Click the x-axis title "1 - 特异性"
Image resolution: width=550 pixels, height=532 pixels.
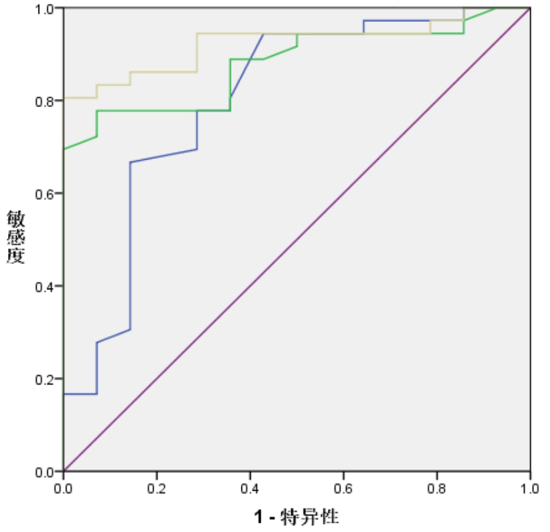coord(297,516)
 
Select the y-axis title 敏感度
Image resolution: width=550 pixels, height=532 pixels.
coord(16,237)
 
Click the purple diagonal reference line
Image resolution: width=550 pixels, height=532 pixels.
coord(297,239)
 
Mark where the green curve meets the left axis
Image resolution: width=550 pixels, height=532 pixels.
coord(64,149)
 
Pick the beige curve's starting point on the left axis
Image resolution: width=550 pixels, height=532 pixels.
coord(64,98)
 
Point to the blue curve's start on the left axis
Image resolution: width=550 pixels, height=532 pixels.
coord(64,394)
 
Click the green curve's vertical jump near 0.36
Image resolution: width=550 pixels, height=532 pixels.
coord(230,85)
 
